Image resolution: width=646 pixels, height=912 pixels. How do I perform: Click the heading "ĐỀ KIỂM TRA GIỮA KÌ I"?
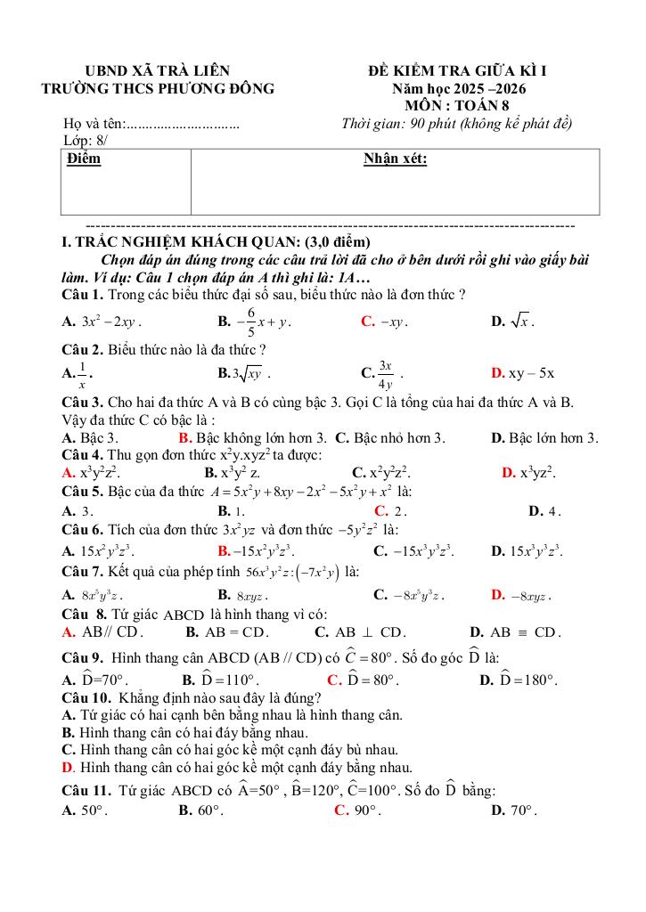click(470, 71)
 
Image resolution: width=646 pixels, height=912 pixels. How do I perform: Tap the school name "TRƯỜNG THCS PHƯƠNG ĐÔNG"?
click(158, 89)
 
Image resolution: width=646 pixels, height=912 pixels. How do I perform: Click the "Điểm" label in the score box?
click(84, 159)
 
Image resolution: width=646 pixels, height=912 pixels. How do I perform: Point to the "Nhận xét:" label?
click(395, 159)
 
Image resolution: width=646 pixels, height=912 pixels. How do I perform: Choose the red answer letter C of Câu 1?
click(366, 322)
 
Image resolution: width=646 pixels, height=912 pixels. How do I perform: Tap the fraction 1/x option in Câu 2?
click(83, 375)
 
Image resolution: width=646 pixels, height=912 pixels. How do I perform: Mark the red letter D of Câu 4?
click(507, 472)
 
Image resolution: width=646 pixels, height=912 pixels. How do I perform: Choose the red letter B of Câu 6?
click(223, 550)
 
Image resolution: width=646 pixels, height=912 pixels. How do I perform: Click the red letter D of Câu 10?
click(67, 767)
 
